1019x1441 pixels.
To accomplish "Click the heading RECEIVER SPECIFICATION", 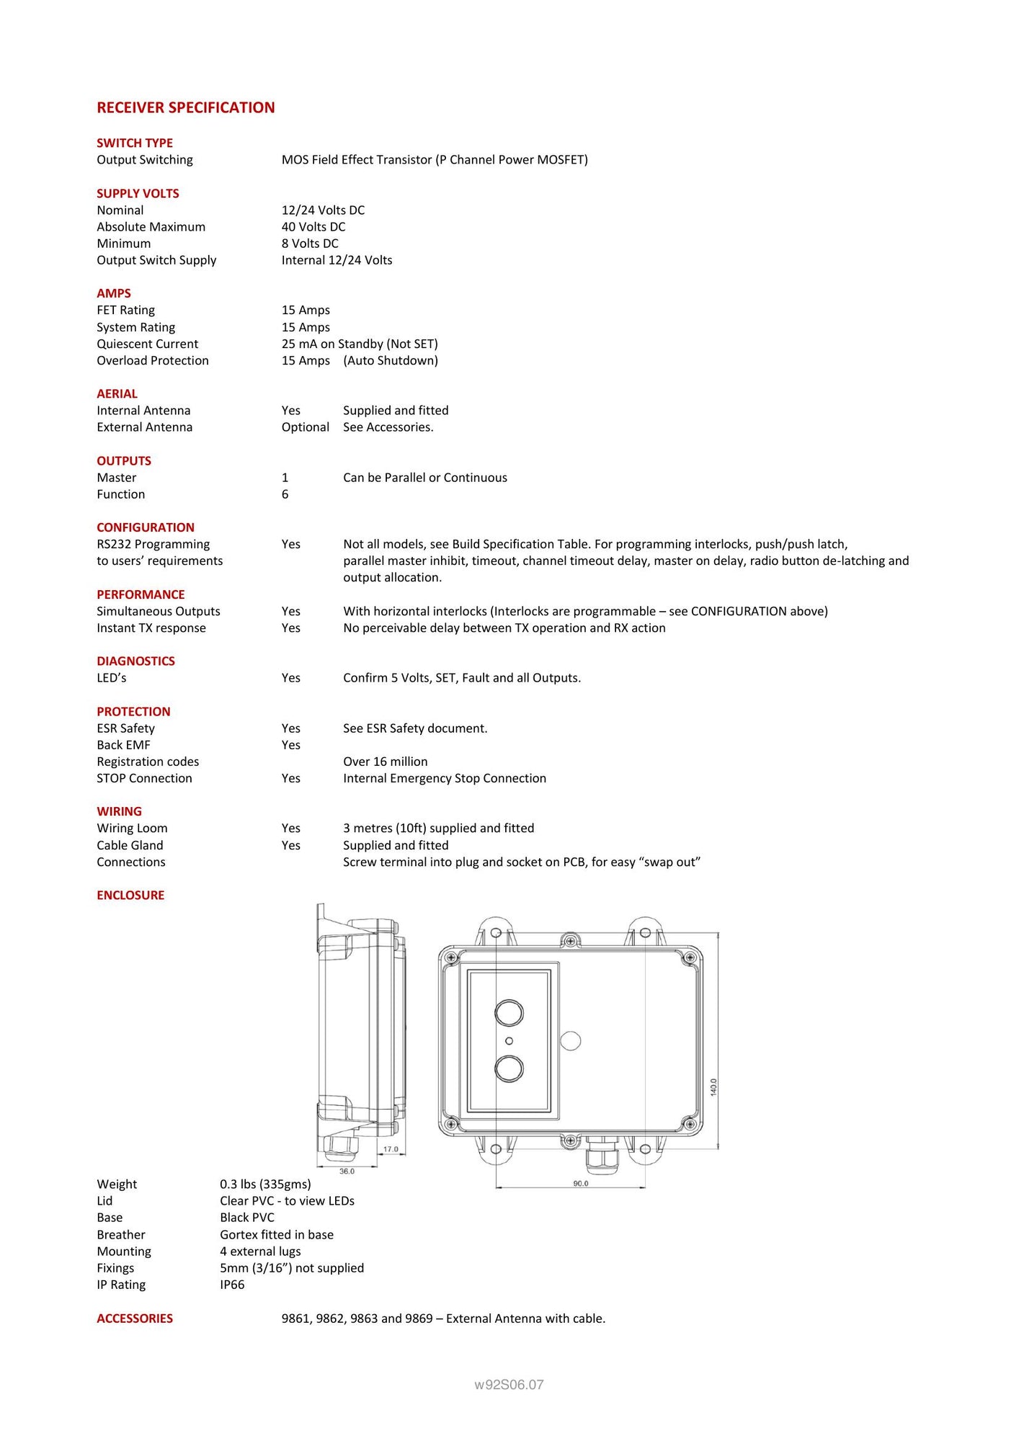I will click(x=186, y=107).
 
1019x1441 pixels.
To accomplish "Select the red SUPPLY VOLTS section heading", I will click(x=138, y=193).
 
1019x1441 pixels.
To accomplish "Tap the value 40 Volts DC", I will click(x=313, y=227).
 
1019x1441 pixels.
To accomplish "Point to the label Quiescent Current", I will click(x=147, y=344).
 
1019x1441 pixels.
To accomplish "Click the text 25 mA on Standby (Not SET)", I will click(x=360, y=344).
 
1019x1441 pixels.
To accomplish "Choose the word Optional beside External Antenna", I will click(x=305, y=427).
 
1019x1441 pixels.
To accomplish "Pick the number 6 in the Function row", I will click(x=285, y=494).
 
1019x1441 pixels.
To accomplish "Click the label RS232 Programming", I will click(x=153, y=544).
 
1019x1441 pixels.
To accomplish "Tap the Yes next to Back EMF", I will click(x=291, y=745).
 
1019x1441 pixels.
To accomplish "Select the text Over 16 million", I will click(x=385, y=762).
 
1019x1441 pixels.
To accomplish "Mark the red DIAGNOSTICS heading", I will click(x=135, y=661).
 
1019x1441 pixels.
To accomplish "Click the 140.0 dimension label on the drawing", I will click(x=713, y=1087).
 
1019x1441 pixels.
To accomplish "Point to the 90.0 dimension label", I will click(x=581, y=1183).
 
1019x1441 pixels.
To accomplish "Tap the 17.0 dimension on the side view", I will click(x=391, y=1149).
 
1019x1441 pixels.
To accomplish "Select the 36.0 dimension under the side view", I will click(x=347, y=1171).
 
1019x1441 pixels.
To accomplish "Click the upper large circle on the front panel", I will click(x=509, y=1012).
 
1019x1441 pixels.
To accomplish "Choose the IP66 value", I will click(x=232, y=1285).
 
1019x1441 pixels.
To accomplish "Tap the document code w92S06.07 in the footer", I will click(x=509, y=1384).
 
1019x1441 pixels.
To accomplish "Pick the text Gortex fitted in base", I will click(x=277, y=1234).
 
